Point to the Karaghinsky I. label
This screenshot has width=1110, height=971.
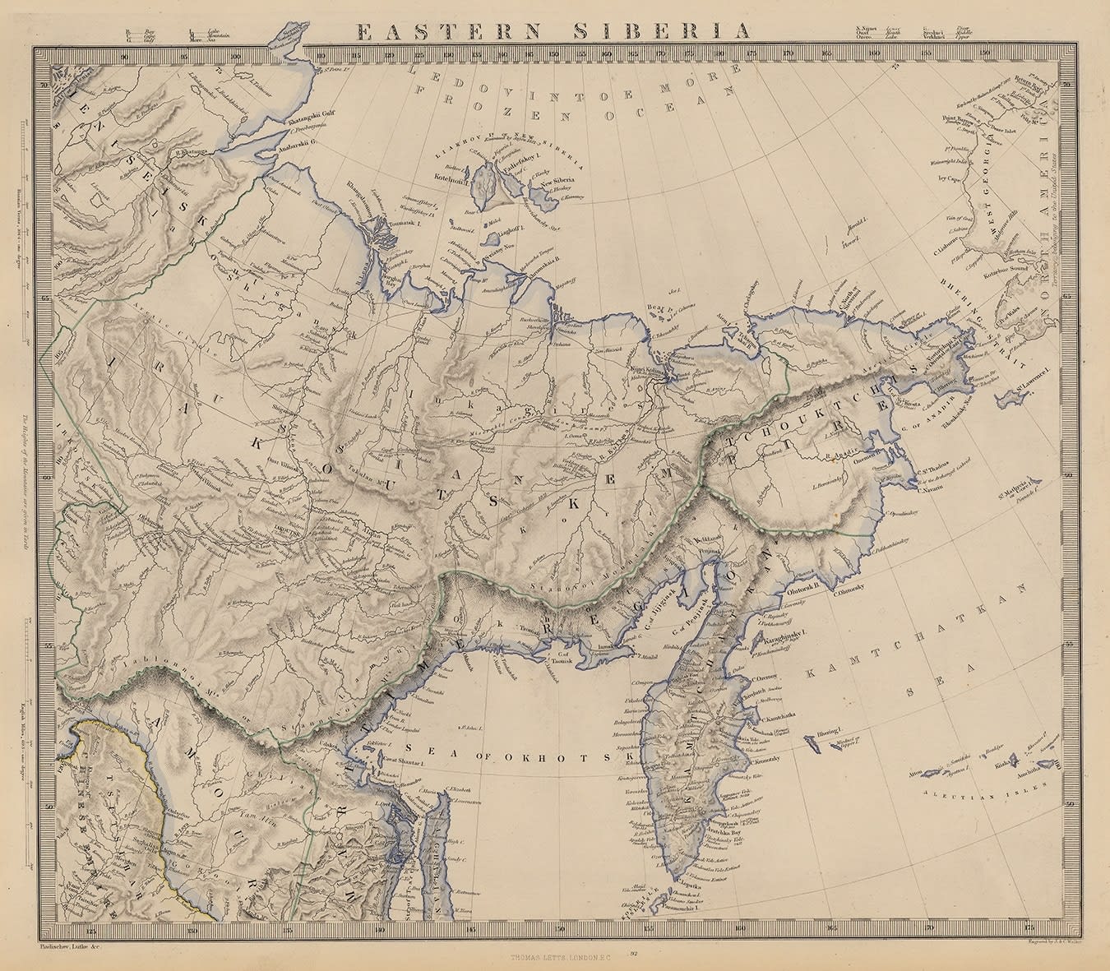(782, 637)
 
